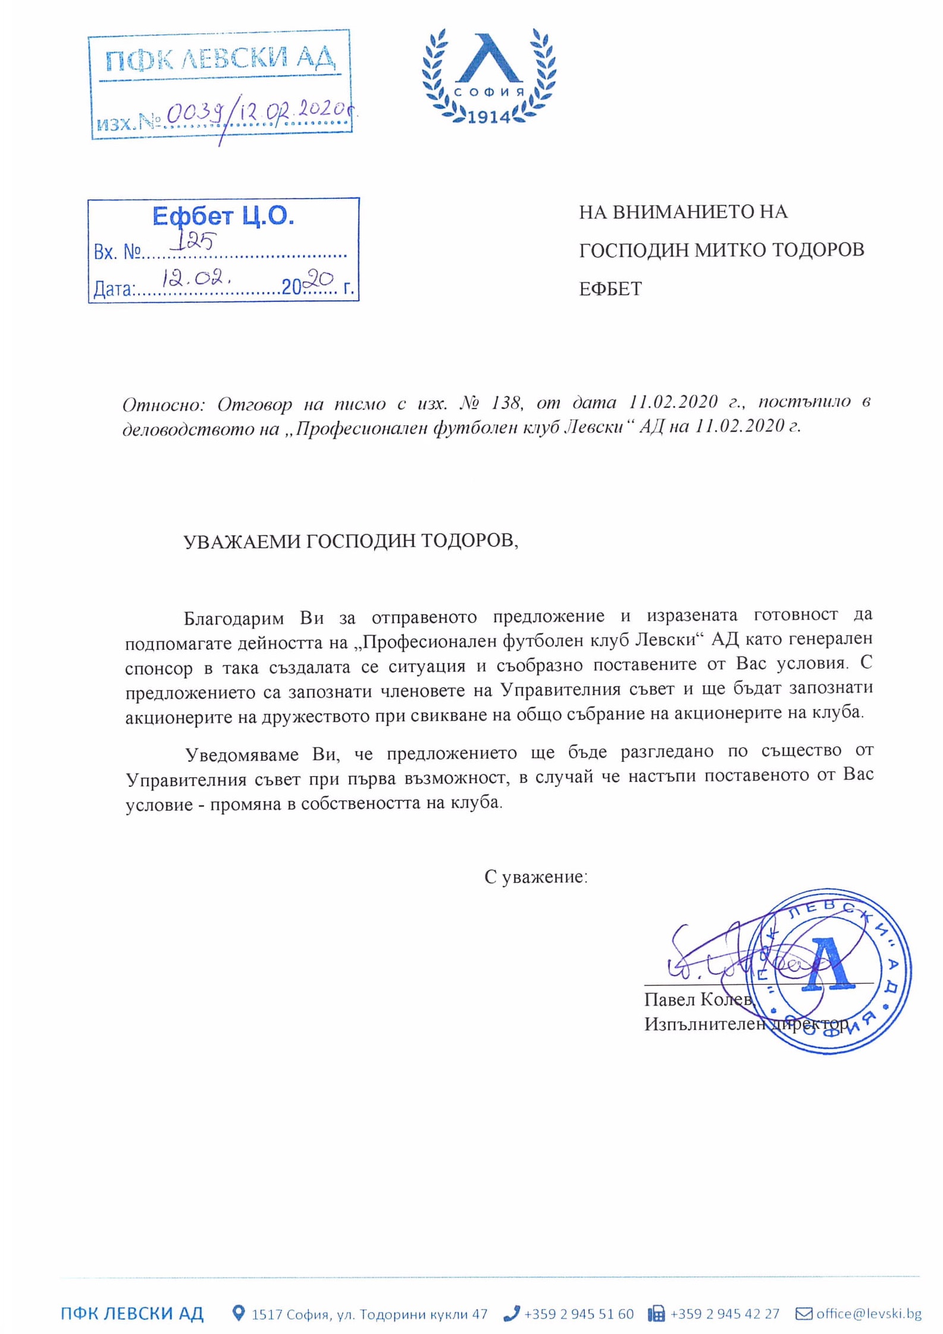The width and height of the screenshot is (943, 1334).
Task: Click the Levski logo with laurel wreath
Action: pyautogui.click(x=488, y=76)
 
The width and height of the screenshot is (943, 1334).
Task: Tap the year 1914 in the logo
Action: pyautogui.click(x=489, y=117)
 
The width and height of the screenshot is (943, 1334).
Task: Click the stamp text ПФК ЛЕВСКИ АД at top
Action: pyautogui.click(x=220, y=59)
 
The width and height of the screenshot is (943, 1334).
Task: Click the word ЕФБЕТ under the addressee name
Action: pyautogui.click(x=610, y=289)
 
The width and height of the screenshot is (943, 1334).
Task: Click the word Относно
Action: pyautogui.click(x=163, y=405)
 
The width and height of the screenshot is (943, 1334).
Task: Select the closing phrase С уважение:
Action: pyautogui.click(x=535, y=876)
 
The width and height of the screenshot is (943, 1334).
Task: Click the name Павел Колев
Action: pyautogui.click(x=697, y=999)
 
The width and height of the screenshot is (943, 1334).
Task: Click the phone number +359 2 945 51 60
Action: pyautogui.click(x=578, y=1313)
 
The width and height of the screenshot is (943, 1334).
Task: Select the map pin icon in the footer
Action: pyautogui.click(x=238, y=1313)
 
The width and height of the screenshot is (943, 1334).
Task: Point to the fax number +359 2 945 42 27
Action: pyautogui.click(x=724, y=1313)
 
